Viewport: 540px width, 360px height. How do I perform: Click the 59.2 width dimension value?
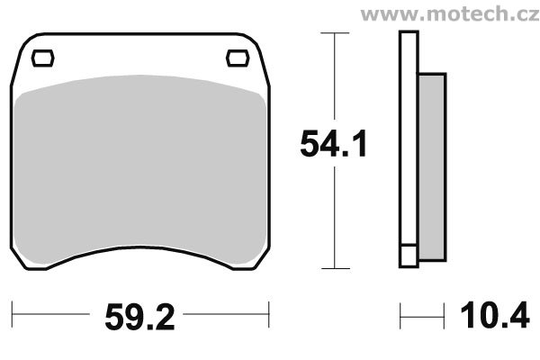pyautogui.click(x=139, y=318)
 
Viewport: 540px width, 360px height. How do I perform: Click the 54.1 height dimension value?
pyautogui.click(x=333, y=144)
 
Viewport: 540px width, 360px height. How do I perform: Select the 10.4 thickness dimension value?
pyautogui.click(x=495, y=315)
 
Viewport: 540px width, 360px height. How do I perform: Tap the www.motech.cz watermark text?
pyautogui.click(x=450, y=13)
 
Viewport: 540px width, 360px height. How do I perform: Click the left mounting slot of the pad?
pyautogui.click(x=42, y=58)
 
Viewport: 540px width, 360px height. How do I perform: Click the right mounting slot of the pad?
pyautogui.click(x=238, y=58)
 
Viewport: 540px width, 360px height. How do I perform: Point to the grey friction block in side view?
pyautogui.click(x=432, y=167)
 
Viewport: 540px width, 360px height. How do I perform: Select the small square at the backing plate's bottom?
pyautogui.click(x=409, y=256)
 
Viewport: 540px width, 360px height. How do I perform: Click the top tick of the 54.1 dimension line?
pyautogui.click(x=335, y=33)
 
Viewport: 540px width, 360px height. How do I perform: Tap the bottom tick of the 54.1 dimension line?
pyautogui.click(x=336, y=268)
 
